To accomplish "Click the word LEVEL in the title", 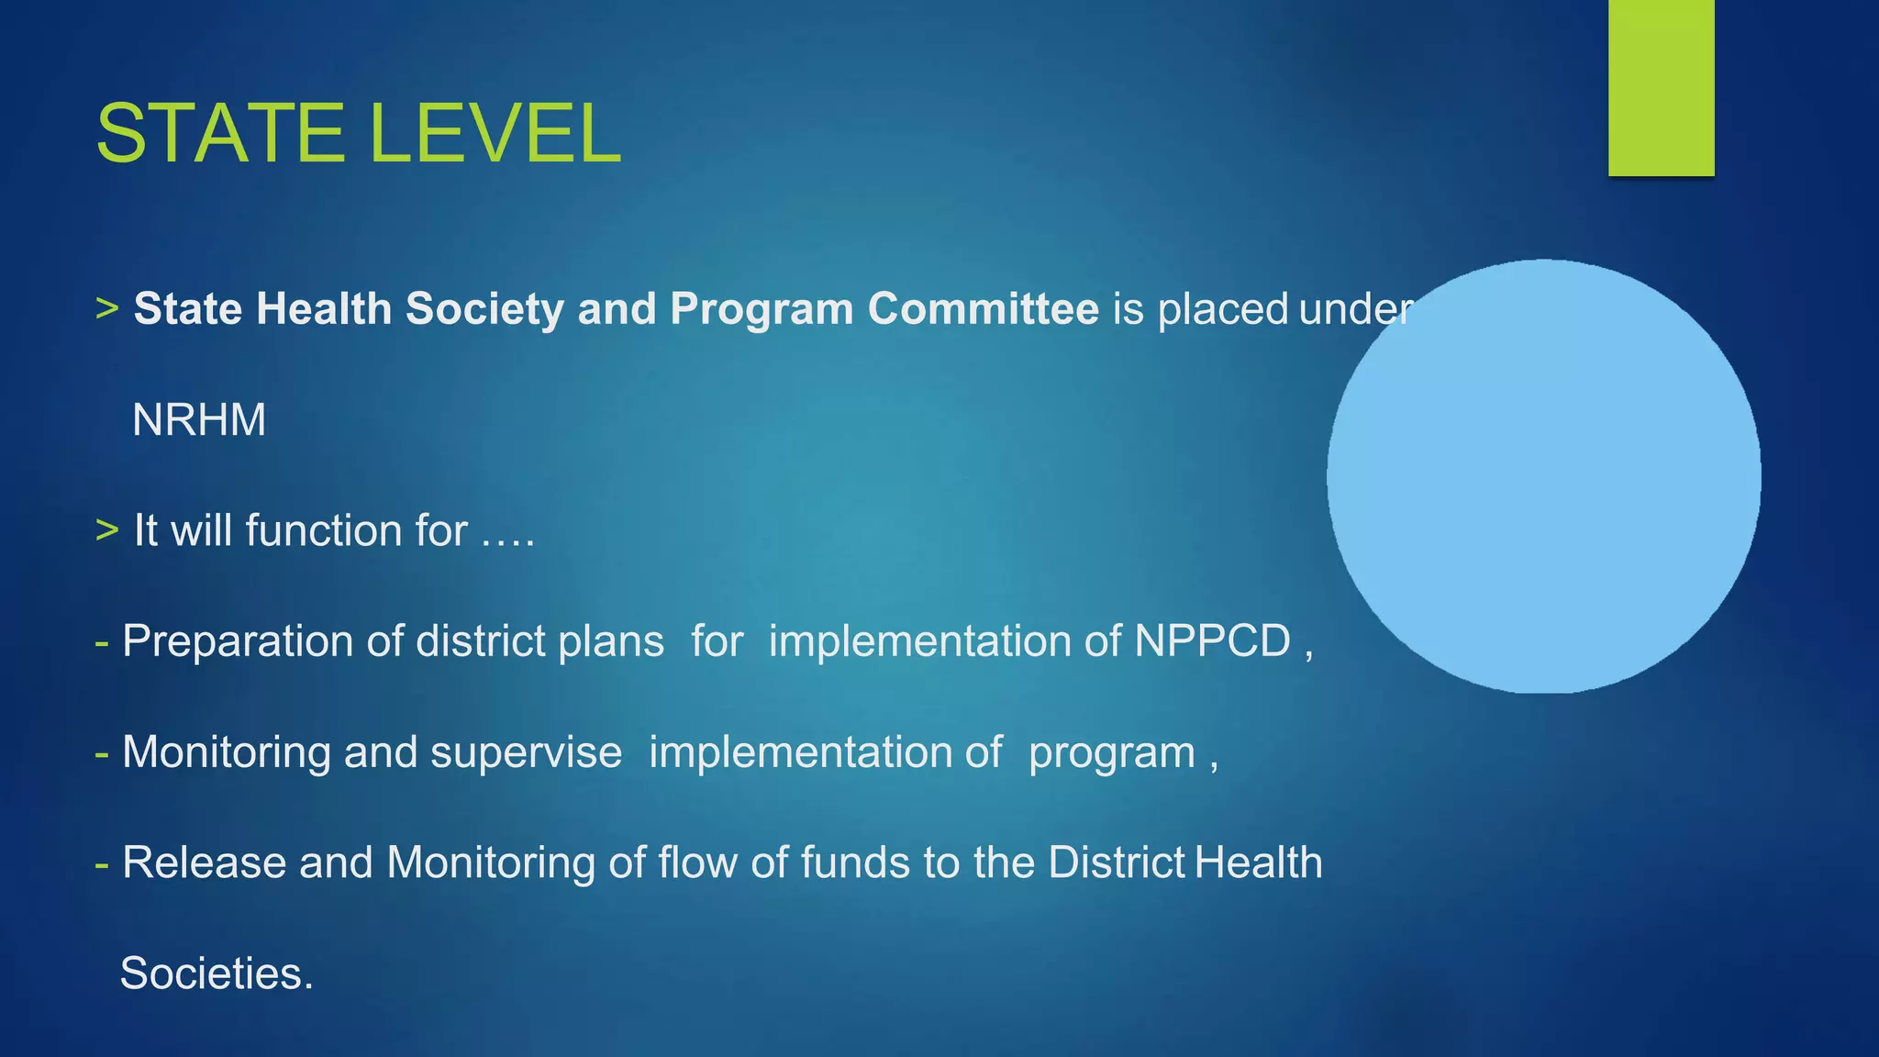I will pyautogui.click(x=495, y=134).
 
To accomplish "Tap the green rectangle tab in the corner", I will pyautogui.click(x=1661, y=87).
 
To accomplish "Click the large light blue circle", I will pyautogui.click(x=1543, y=476).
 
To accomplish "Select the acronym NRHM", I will pyautogui.click(x=199, y=420).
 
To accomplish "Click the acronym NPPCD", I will pyautogui.click(x=1212, y=640).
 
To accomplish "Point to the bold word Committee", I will pyautogui.click(x=983, y=309).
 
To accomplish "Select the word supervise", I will pyautogui.click(x=526, y=752).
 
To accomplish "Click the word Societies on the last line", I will pyautogui.click(x=217, y=974).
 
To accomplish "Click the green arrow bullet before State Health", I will pyautogui.click(x=107, y=309).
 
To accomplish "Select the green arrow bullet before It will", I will pyautogui.click(x=107, y=530).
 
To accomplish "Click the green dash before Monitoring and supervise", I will pyautogui.click(x=102, y=753).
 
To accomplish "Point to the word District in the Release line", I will pyautogui.click(x=1117, y=862).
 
